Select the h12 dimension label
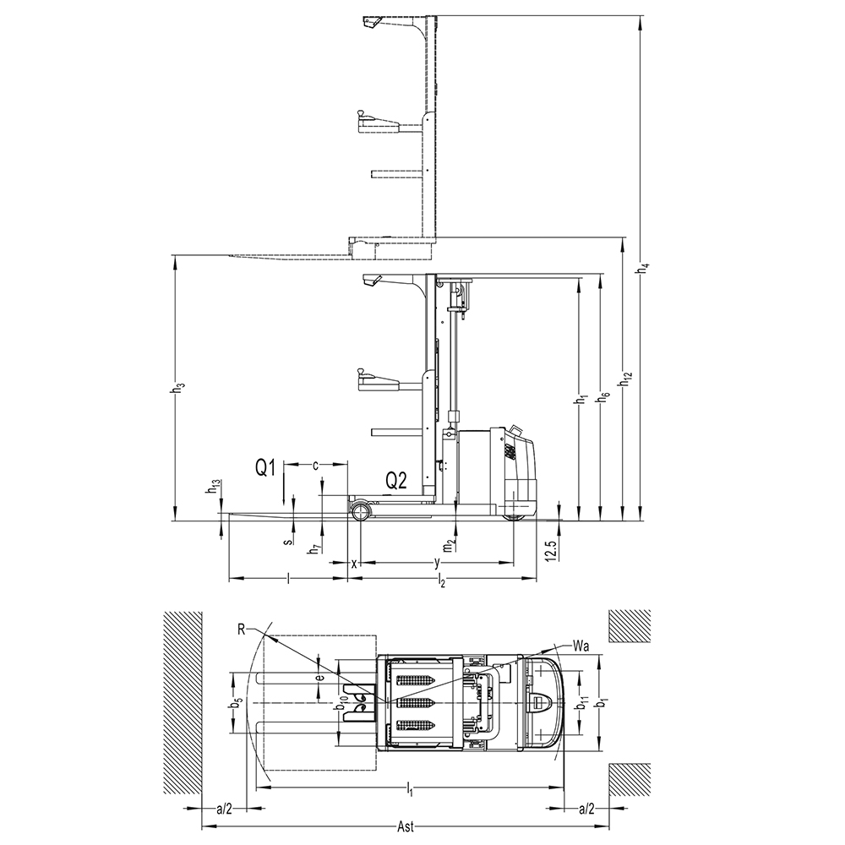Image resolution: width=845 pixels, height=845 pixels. pos(626,379)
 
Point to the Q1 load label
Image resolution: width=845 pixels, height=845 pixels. pos(265,467)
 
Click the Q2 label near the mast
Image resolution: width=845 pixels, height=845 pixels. pos(396,480)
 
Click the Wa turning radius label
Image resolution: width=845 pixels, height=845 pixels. pos(581,644)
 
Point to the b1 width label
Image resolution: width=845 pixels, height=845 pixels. pos(604,703)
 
